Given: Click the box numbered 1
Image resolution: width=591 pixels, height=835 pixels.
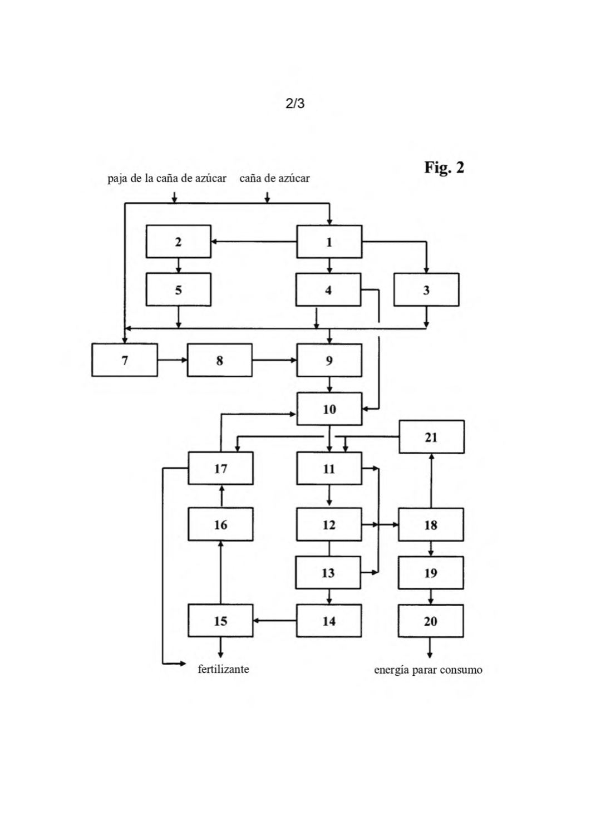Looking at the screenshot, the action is click(x=329, y=242).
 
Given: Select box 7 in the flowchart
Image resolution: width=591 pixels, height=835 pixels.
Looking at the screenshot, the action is click(x=125, y=360).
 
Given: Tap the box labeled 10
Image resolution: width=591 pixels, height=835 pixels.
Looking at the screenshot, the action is click(x=329, y=409).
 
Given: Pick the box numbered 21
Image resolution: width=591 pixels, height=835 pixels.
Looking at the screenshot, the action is click(x=431, y=437).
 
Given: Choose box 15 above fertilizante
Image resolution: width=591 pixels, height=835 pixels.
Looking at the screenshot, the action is click(x=220, y=621).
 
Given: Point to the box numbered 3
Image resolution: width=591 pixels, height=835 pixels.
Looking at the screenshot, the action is click(x=426, y=289).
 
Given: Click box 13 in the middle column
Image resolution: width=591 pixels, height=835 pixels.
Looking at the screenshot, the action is click(x=328, y=573).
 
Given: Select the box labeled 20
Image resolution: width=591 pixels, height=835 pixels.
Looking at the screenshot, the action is click(x=431, y=621).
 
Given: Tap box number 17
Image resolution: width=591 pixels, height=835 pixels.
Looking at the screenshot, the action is click(x=220, y=468).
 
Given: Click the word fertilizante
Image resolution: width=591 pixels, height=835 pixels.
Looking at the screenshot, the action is click(x=223, y=670).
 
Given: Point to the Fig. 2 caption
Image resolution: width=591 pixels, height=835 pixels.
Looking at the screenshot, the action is click(x=444, y=168).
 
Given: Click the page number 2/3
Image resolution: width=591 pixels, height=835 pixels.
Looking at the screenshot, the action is click(x=295, y=103).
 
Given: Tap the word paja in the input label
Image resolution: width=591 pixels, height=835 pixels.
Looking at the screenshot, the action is click(x=116, y=179).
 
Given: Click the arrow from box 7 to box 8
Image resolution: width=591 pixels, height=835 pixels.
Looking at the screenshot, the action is click(x=172, y=360).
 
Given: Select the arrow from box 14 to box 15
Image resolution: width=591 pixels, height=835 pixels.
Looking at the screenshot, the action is click(x=275, y=621).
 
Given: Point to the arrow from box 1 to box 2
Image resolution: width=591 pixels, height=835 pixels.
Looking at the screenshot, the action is click(x=254, y=242).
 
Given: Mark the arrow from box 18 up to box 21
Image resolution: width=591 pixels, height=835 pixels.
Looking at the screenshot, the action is click(x=431, y=480).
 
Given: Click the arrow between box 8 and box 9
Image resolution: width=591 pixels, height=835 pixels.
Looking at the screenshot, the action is click(x=274, y=360).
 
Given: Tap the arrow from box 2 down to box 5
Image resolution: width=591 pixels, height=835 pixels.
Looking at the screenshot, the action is click(x=178, y=266).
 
